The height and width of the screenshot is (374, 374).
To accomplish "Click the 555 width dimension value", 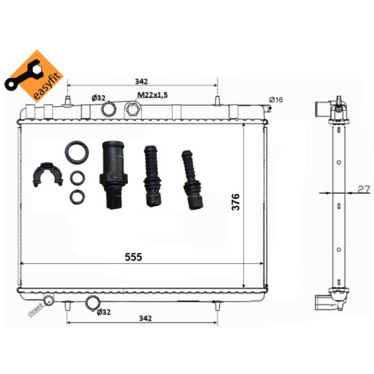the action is pyautogui.click(x=133, y=257).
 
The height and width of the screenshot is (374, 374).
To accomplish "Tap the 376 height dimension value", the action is pyautogui.click(x=236, y=202).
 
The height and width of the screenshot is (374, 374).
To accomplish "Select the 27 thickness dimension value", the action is pyautogui.click(x=364, y=190).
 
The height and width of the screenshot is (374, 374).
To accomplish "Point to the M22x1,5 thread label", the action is pyautogui.click(x=153, y=95).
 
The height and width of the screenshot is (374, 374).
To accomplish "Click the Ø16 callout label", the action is pyautogui.click(x=276, y=99).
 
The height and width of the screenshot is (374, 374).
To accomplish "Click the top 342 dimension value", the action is pyautogui.click(x=141, y=82).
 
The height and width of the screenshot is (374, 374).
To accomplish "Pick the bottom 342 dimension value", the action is pyautogui.click(x=145, y=319).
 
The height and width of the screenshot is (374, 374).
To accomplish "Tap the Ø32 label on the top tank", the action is pyautogui.click(x=99, y=98).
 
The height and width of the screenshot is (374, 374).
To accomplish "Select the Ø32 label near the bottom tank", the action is pyautogui.click(x=103, y=312).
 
